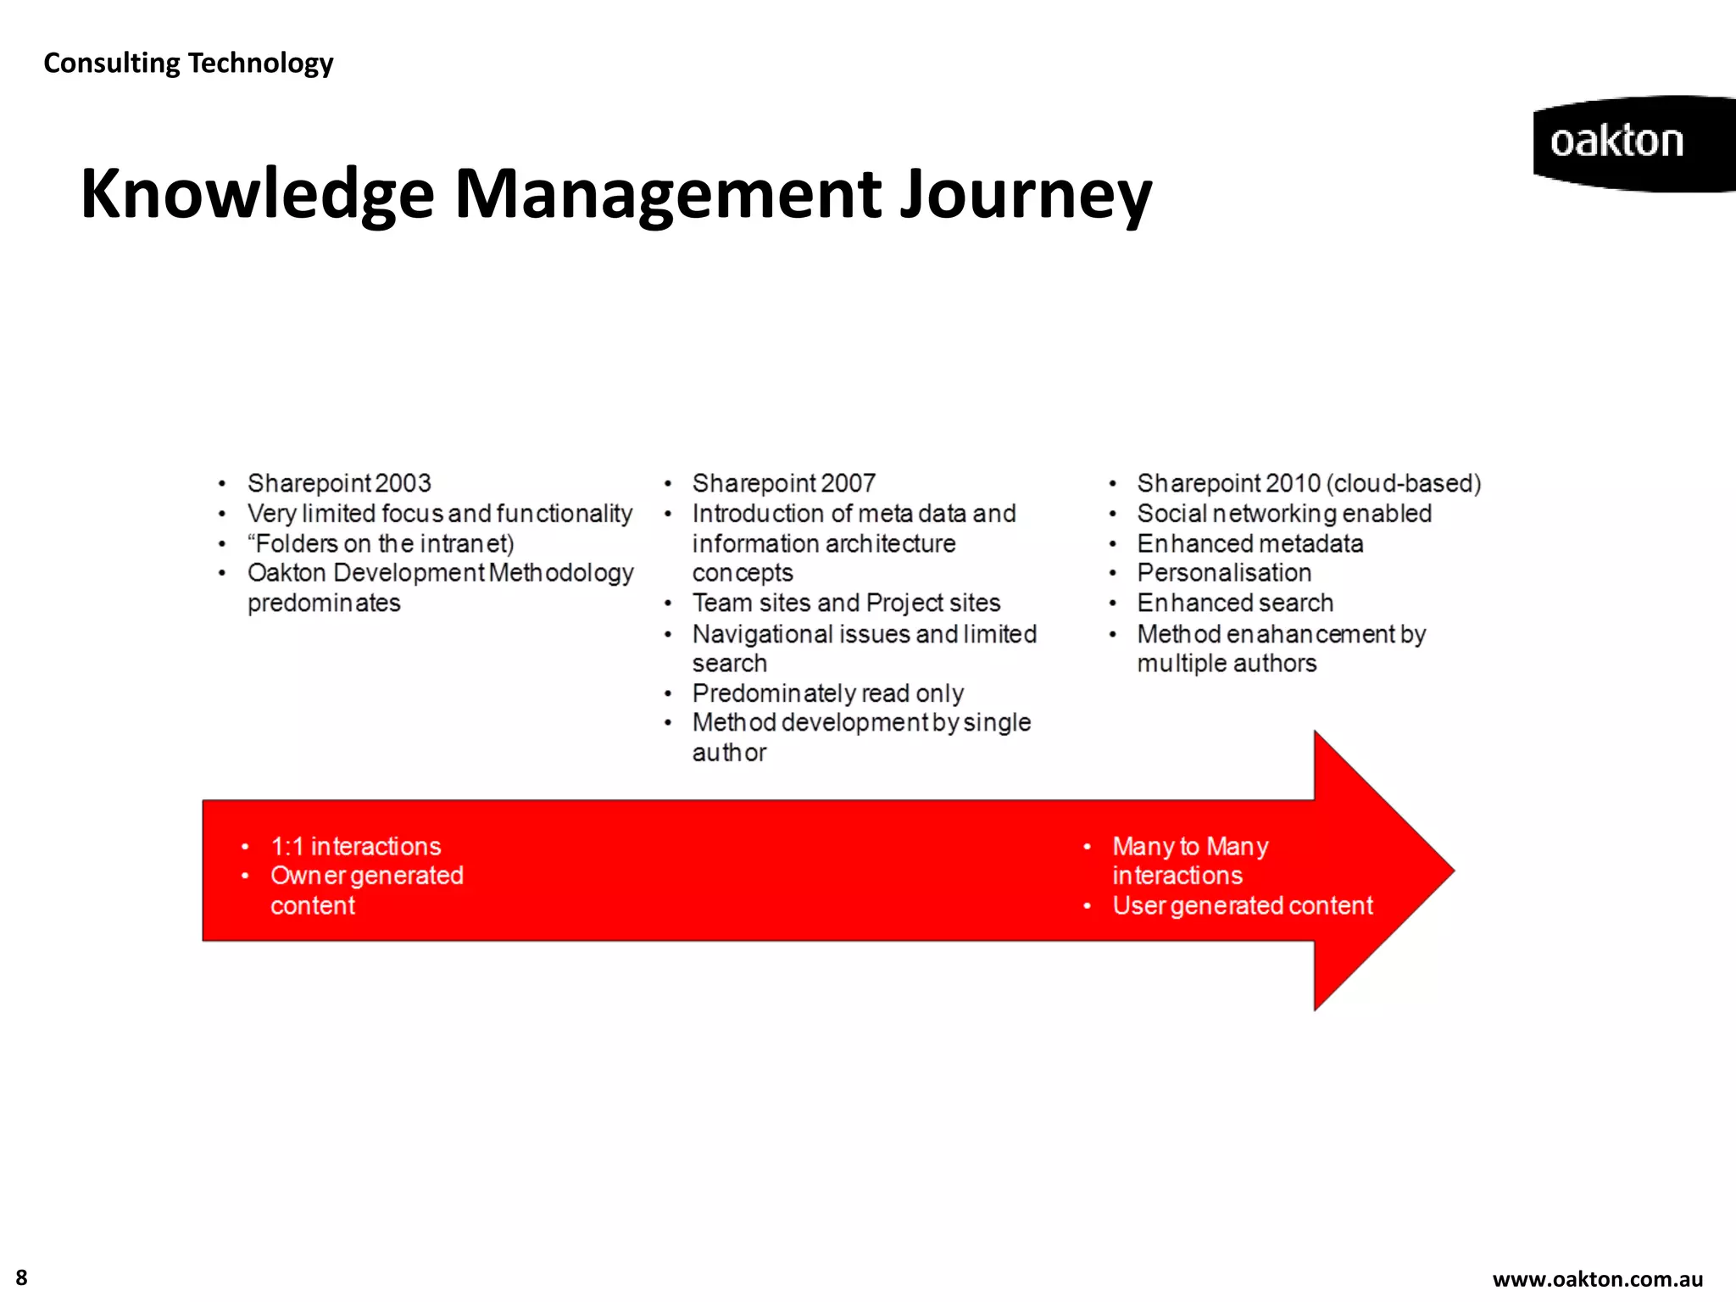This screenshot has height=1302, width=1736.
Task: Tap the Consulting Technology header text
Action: (x=188, y=63)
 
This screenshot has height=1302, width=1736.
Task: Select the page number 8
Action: (x=21, y=1277)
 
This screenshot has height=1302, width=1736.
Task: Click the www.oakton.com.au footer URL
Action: (x=1597, y=1279)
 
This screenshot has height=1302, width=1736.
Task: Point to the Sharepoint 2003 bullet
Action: (x=339, y=483)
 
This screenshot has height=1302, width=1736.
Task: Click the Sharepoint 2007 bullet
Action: (x=783, y=483)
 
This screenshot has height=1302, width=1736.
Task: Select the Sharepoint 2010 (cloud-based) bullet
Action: (x=1308, y=483)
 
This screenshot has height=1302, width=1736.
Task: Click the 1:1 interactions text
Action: (x=355, y=846)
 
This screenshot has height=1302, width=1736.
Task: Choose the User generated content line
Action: (x=1242, y=905)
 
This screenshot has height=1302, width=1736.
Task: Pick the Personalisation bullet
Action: (x=1223, y=573)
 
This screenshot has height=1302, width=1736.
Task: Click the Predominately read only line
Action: (x=827, y=693)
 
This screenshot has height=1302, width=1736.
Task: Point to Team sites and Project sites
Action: (x=846, y=603)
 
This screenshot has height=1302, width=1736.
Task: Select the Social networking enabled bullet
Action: (x=1283, y=514)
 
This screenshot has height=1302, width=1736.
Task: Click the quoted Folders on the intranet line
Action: (x=381, y=543)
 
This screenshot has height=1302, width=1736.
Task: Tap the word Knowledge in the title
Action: (x=257, y=195)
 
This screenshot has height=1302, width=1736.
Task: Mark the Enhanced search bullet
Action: (x=1234, y=603)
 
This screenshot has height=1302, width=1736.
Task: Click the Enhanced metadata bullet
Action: (x=1249, y=543)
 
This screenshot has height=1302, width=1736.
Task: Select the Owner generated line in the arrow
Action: (x=366, y=876)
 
